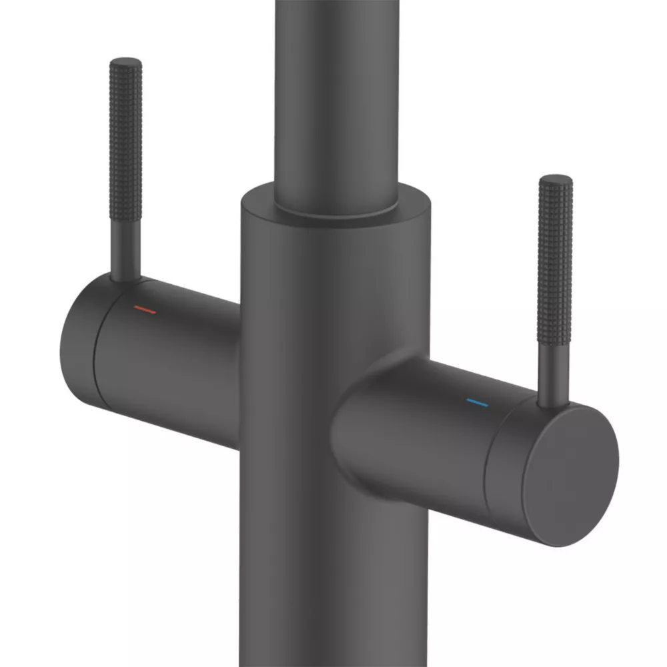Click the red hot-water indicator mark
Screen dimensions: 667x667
click(144, 309)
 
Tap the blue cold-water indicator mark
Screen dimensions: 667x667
click(477, 403)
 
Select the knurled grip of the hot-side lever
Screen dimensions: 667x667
click(125, 153)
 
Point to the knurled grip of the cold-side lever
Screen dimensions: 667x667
click(555, 267)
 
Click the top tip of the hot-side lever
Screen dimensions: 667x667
click(125, 62)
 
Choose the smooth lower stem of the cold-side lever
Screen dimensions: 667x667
click(553, 374)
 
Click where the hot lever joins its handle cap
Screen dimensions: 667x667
click(125, 279)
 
